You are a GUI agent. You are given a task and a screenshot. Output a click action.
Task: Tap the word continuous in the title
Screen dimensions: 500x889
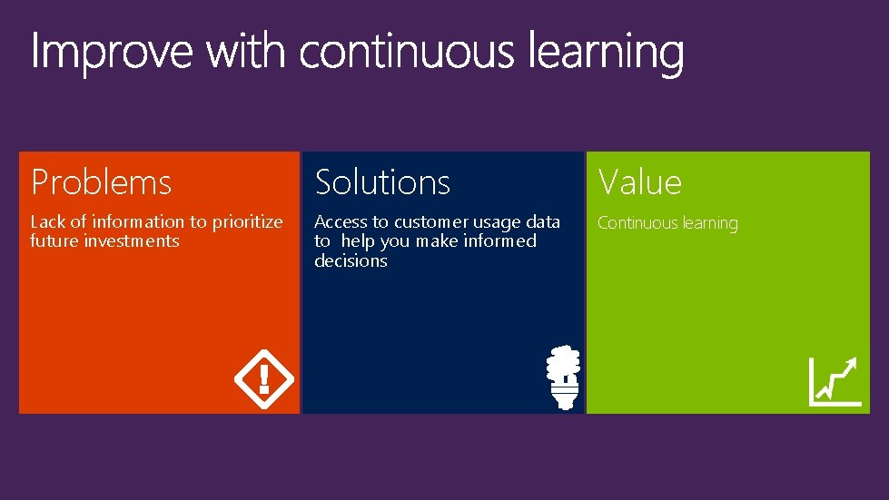410,52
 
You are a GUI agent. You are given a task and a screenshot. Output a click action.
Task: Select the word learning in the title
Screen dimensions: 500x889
606,54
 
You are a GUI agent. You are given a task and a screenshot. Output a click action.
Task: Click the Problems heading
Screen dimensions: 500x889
101,182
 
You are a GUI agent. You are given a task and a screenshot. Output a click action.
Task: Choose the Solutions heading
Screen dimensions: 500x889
382,182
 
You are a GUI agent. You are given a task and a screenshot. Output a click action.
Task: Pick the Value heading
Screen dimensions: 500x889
639,182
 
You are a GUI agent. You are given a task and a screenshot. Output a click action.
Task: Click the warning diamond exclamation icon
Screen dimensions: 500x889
264,377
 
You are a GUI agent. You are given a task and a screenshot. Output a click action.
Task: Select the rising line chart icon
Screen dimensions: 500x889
835,381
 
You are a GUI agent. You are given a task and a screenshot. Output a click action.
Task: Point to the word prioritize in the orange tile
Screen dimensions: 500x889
247,222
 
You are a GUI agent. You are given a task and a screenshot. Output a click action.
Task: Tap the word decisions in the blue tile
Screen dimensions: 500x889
351,261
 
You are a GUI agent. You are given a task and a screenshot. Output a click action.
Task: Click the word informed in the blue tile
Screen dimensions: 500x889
501,241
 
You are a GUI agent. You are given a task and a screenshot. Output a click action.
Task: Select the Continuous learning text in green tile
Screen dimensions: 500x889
667,223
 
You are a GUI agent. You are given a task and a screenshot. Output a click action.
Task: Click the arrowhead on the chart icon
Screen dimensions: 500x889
851,364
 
